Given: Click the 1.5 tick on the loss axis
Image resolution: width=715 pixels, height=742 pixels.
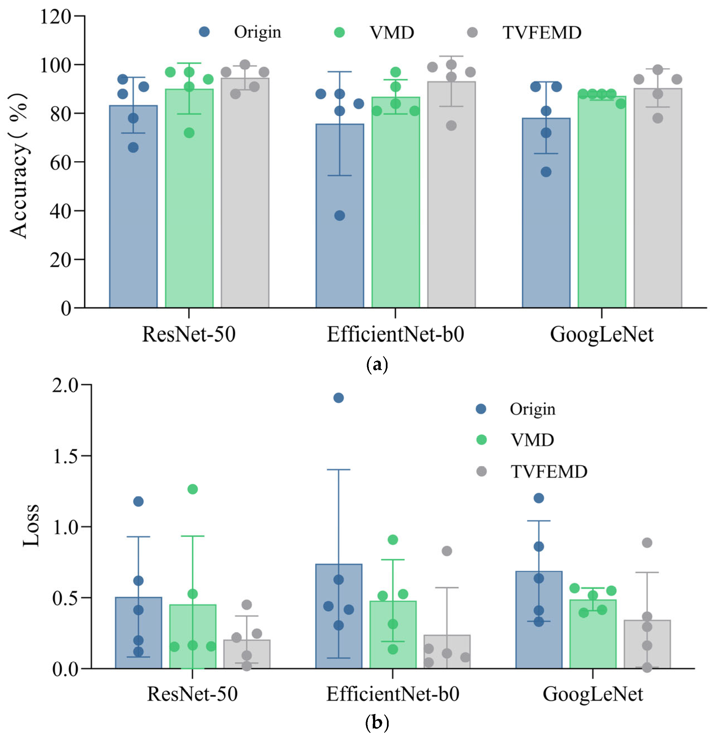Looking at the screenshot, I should tap(65, 456).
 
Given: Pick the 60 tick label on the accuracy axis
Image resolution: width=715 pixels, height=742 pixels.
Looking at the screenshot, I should tap(61, 163).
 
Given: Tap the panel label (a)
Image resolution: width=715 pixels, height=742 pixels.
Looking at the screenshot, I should tap(377, 364).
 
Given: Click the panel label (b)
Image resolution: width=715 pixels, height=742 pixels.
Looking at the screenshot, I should tap(377, 723).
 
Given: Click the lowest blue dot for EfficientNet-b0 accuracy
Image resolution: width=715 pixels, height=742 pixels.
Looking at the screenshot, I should tap(339, 216).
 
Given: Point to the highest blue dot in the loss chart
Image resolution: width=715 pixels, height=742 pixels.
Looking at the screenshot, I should tap(338, 398).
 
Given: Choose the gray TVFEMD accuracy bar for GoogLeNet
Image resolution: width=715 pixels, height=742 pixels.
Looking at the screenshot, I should tap(657, 212).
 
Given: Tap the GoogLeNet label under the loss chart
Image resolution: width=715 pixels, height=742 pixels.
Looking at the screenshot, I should tap(592, 694).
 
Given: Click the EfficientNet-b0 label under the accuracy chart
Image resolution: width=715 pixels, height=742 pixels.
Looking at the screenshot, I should tap(395, 335).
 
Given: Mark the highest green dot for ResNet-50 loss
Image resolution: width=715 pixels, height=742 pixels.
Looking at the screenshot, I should tap(193, 489).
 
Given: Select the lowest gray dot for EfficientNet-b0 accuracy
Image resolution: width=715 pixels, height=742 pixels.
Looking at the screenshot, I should tap(451, 126).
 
